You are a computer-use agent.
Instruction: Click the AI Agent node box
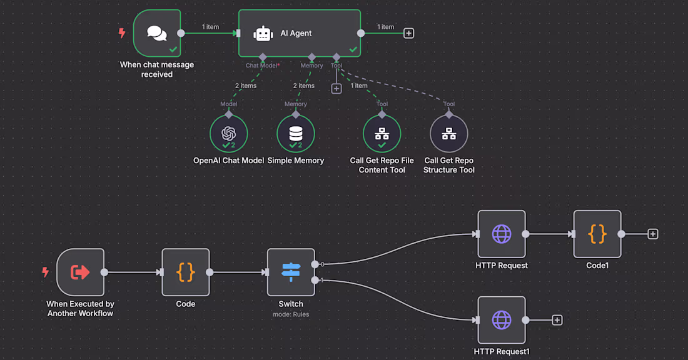tap(300, 33)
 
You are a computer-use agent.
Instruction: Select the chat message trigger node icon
tap(157, 33)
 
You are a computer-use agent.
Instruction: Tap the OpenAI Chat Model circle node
tap(229, 133)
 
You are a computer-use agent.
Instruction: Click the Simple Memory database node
tap(296, 133)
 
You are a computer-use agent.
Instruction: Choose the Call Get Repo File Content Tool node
tap(382, 133)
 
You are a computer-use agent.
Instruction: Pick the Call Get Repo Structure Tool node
tap(449, 133)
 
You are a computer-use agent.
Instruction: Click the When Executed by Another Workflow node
tap(80, 272)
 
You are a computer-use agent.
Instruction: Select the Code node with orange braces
tap(186, 272)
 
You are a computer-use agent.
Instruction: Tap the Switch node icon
tap(291, 272)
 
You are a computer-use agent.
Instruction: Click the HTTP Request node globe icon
tap(502, 234)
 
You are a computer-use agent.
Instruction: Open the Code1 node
tap(597, 234)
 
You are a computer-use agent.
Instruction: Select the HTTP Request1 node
tap(502, 320)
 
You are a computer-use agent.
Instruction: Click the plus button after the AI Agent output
tap(408, 33)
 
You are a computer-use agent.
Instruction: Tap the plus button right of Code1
tap(653, 234)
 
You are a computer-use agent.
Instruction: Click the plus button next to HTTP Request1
tap(557, 320)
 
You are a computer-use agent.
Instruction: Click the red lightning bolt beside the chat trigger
tap(123, 33)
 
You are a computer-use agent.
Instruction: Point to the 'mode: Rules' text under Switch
tap(291, 314)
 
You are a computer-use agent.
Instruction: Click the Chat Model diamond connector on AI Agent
tap(263, 57)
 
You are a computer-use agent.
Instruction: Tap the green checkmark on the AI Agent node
tap(353, 49)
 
